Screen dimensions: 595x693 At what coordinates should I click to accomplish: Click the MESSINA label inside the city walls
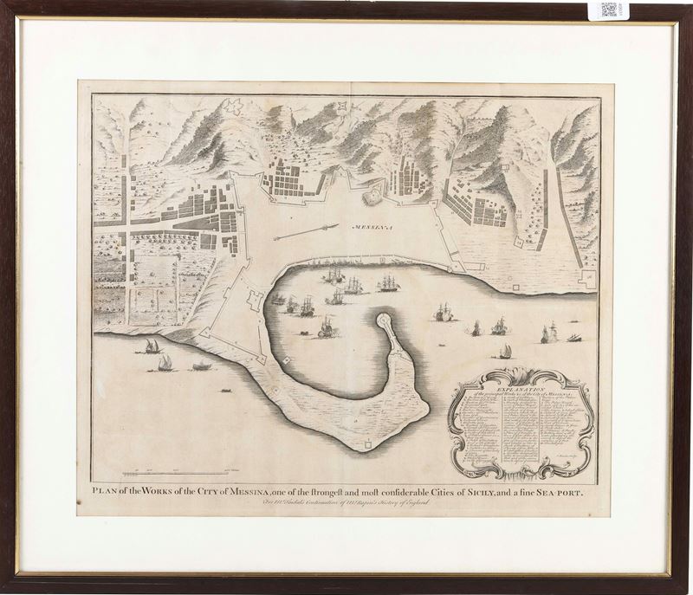(372, 226)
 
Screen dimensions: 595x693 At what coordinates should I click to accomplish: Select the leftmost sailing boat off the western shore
(152, 346)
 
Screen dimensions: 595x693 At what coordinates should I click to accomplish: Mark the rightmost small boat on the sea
(573, 337)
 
